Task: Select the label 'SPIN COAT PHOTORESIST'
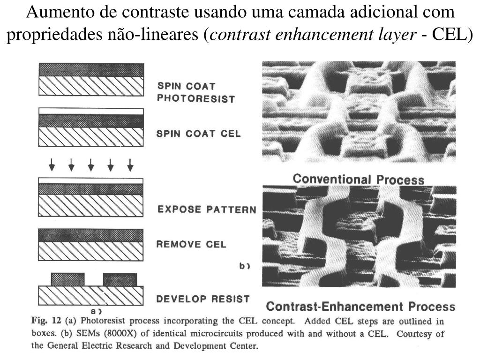click(195, 92)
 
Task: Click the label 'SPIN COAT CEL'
click(199, 134)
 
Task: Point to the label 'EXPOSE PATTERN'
click(206, 210)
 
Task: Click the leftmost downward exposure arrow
click(52, 165)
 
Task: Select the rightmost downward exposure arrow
click(130, 165)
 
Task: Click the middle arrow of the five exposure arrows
click(91, 165)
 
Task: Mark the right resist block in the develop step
click(120, 279)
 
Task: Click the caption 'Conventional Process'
click(358, 179)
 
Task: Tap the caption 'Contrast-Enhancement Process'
click(360, 307)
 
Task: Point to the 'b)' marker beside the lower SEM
click(244, 266)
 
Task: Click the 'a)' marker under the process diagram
click(96, 310)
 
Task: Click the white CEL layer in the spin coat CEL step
click(90, 111)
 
